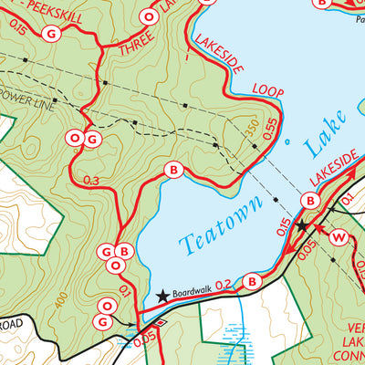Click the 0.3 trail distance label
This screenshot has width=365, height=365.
click(91, 181)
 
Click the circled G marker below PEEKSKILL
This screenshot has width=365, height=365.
click(50, 34)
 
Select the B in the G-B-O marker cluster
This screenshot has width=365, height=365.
click(126, 251)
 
